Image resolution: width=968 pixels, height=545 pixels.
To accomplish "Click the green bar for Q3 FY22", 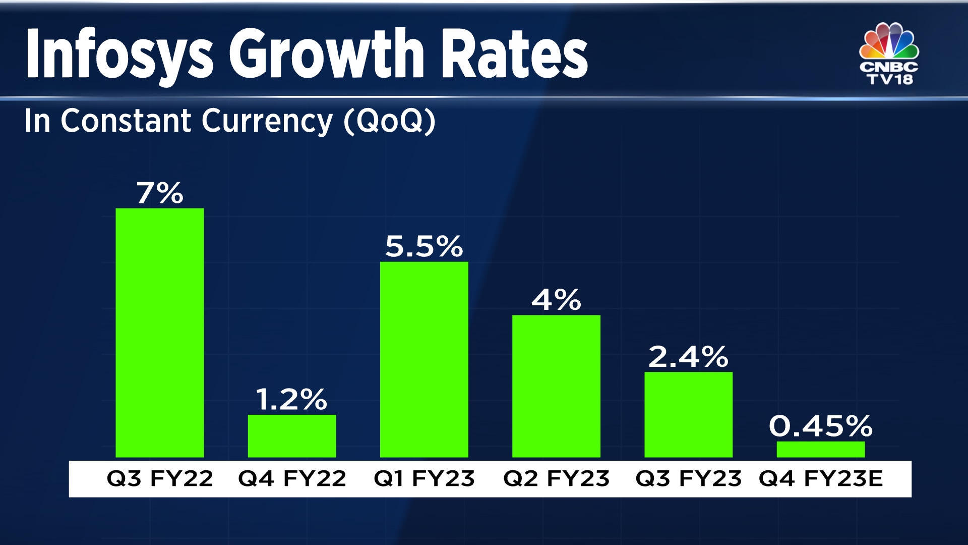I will pyautogui.click(x=159, y=333).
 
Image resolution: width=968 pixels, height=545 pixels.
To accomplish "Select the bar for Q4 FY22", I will pyautogui.click(x=291, y=436).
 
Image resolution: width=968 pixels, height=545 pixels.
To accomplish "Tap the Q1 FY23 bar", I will pyautogui.click(x=423, y=359).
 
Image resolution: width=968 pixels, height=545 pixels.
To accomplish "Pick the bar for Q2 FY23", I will pyautogui.click(x=556, y=386).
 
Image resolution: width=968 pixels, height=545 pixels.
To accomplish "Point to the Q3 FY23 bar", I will pyautogui.click(x=688, y=415).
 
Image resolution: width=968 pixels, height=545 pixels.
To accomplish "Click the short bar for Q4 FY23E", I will pyautogui.click(x=820, y=450).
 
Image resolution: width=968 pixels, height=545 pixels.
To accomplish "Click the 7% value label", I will pyautogui.click(x=159, y=193).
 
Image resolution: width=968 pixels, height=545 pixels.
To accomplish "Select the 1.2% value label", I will pyautogui.click(x=291, y=400).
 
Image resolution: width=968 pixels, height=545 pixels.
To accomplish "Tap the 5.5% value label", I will pyautogui.click(x=423, y=246).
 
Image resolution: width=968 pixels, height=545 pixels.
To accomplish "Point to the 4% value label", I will pyautogui.click(x=556, y=300).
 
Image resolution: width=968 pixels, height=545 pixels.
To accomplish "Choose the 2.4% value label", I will pyautogui.click(x=688, y=357).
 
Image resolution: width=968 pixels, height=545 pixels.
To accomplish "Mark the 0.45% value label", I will pyautogui.click(x=820, y=426).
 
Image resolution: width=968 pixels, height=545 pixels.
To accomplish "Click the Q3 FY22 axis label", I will pyautogui.click(x=160, y=478).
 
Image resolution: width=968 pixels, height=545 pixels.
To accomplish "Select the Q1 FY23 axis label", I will pyautogui.click(x=424, y=478).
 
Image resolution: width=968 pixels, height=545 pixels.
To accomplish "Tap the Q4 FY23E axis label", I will pyautogui.click(x=821, y=478).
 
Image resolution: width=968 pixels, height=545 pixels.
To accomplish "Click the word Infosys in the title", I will pyautogui.click(x=120, y=54).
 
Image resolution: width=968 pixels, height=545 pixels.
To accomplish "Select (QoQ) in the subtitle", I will pyautogui.click(x=389, y=121).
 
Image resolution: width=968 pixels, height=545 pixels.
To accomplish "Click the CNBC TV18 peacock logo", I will pyautogui.click(x=889, y=53).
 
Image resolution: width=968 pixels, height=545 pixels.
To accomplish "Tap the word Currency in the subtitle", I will pyautogui.click(x=267, y=121).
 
